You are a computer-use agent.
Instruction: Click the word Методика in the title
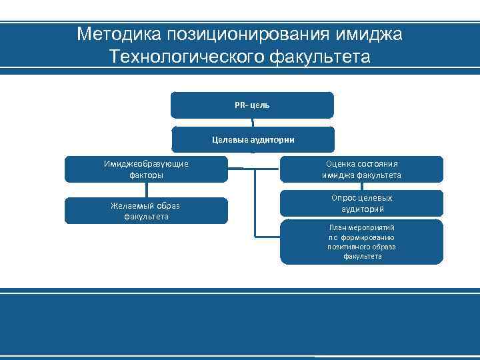tap(111, 34)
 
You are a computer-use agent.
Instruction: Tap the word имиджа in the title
tap(372, 34)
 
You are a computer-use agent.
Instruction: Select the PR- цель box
tap(252, 105)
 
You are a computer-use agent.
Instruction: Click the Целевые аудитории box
tap(253, 139)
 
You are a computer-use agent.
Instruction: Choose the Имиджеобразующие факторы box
tap(146, 169)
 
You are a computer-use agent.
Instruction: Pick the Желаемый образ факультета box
tap(146, 211)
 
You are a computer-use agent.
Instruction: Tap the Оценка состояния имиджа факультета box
tap(361, 169)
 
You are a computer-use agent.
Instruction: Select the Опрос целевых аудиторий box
tap(361, 203)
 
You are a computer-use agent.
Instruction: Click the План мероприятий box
tap(361, 241)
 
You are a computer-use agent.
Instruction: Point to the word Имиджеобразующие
tap(146, 164)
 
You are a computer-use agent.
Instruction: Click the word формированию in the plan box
tap(369, 237)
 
